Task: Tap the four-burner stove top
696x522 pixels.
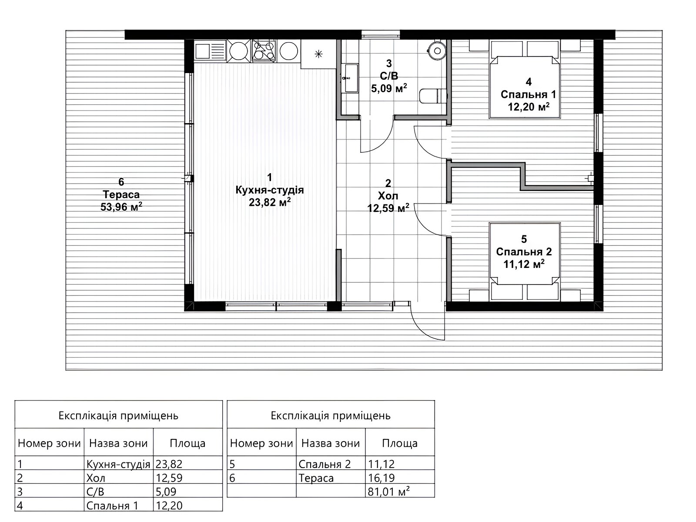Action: tap(264, 51)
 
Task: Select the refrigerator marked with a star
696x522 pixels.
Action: tap(318, 54)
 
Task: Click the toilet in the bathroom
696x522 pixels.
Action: tap(433, 96)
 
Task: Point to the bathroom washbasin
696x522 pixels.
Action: tap(350, 78)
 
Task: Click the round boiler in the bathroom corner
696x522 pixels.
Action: tap(437, 50)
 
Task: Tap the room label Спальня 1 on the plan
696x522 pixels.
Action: tap(528, 94)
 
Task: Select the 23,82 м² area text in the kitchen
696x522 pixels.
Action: tap(270, 202)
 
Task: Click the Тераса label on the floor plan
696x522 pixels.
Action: tap(121, 194)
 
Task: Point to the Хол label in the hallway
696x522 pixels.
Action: tap(388, 196)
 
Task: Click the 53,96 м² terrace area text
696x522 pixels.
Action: tap(121, 207)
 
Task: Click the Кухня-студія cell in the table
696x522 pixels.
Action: tap(118, 464)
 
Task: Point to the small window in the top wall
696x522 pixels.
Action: tap(381, 34)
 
